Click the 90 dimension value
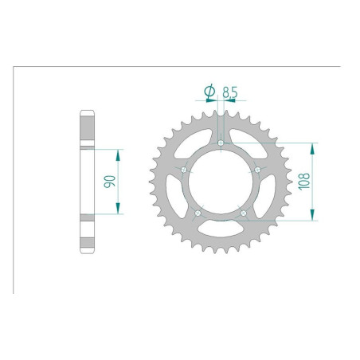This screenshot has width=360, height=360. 112,181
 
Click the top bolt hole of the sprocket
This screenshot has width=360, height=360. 220,143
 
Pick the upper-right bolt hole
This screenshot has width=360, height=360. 256,170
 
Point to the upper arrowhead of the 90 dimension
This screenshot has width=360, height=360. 119,151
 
